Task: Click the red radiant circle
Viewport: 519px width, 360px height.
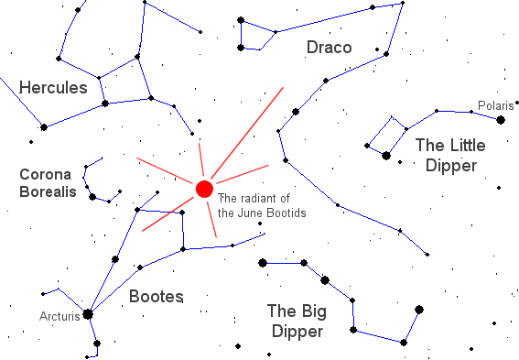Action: point(204,189)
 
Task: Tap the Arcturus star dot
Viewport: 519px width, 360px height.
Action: point(88,313)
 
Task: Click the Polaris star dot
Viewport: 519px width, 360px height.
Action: point(501,120)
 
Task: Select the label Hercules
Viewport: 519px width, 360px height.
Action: point(53,88)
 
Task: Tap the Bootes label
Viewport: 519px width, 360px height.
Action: point(156,296)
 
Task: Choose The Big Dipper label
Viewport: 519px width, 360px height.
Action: point(295,320)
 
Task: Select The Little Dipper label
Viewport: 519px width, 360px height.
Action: point(445,155)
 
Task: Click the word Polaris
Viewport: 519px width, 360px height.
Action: point(495,106)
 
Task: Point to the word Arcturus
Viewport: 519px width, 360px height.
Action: point(59,318)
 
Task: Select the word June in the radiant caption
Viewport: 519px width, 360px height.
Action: point(250,213)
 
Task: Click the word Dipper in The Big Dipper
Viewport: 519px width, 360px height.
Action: point(295,331)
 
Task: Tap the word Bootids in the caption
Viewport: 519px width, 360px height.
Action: point(286,213)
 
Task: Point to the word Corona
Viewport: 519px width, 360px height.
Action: point(42,174)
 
